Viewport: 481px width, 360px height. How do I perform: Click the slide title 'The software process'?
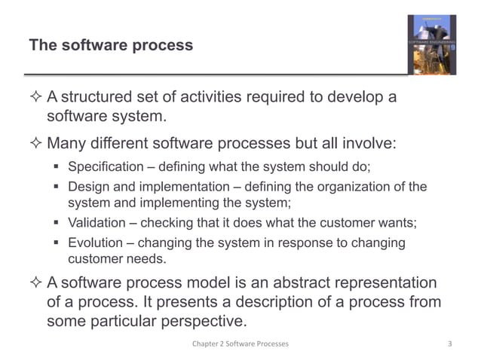pyautogui.click(x=111, y=46)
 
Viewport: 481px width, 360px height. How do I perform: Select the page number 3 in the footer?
pyautogui.click(x=449, y=344)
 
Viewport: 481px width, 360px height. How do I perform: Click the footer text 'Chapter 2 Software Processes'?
pyautogui.click(x=240, y=344)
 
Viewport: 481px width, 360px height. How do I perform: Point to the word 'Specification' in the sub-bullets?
pyautogui.click(x=105, y=166)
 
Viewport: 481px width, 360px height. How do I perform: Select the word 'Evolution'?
pyautogui.click(x=96, y=243)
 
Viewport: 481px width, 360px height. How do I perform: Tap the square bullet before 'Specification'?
pyautogui.click(x=57, y=167)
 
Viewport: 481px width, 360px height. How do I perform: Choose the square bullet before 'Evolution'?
pyautogui.click(x=57, y=243)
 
